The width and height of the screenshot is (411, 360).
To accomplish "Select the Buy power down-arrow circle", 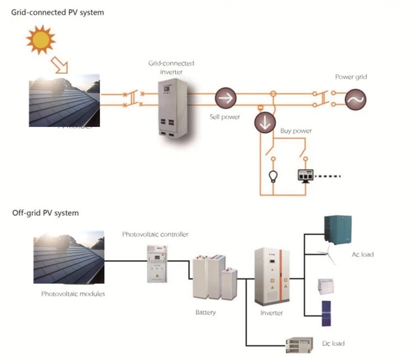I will pos(264,122).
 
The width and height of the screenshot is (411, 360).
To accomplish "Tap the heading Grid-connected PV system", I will pos(58,12).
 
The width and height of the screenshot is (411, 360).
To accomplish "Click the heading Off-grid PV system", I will pos(45,213).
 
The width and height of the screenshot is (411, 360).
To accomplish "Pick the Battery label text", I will pos(205,313).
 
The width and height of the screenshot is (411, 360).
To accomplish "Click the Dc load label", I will pos(333,343).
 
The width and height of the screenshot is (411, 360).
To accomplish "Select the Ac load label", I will pos(363,254).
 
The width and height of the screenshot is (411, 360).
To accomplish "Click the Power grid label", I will pos(351,77).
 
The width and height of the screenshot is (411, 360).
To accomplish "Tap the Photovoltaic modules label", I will pos(73,294).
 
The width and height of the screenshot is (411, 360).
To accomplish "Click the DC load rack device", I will pos(299,343).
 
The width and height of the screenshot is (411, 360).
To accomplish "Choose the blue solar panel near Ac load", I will pos(326,313).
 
